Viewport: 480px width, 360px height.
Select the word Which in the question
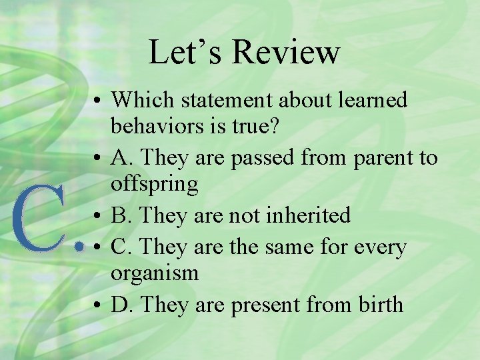(142, 100)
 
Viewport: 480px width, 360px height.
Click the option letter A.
(121, 157)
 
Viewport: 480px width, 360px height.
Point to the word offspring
(155, 184)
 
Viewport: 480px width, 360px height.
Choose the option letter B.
(121, 215)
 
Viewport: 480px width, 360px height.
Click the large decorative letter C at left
(41, 221)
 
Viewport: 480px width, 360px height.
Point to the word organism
(155, 273)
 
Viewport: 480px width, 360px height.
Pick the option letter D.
(121, 305)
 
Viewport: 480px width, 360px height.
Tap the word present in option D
(264, 305)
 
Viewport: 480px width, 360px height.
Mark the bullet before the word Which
(97, 101)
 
